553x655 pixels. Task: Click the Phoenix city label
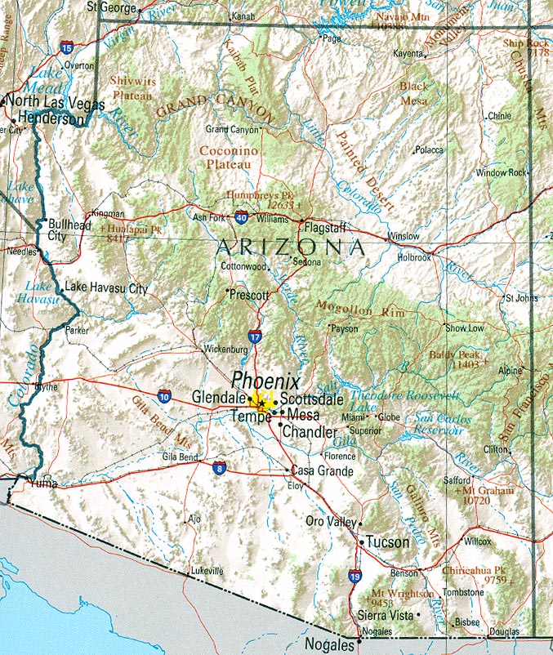click(x=265, y=381)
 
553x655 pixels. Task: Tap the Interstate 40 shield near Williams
click(x=242, y=218)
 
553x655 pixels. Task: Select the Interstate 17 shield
click(x=255, y=336)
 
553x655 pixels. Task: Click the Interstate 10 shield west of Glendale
click(x=165, y=395)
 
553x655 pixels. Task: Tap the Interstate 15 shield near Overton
click(x=66, y=48)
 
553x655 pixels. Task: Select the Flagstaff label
click(x=326, y=228)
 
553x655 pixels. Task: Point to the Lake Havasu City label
click(x=106, y=288)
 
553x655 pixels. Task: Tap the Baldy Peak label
click(x=454, y=355)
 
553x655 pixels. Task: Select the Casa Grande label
click(x=323, y=471)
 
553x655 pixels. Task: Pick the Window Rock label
click(x=502, y=173)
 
